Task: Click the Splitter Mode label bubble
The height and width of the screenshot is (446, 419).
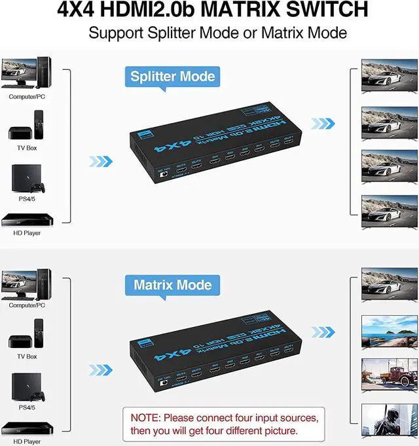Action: (x=172, y=77)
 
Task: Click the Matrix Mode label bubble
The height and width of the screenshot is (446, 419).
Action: (x=172, y=285)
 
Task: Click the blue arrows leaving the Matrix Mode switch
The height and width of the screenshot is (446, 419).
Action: (x=323, y=332)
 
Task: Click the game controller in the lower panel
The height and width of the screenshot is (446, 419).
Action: (x=39, y=395)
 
